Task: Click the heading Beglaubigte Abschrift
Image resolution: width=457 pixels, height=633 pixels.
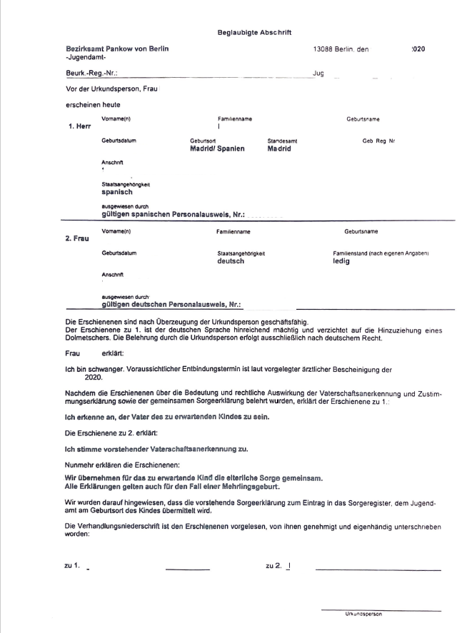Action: coord(254,32)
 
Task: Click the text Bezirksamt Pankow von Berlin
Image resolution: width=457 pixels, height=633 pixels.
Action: coord(121,49)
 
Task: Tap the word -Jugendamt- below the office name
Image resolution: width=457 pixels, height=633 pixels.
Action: coord(86,57)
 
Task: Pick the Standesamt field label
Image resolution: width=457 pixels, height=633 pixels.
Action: coord(283,141)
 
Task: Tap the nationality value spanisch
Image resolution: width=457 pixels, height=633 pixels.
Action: coord(117,192)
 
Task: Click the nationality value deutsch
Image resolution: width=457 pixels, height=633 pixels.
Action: coord(231,261)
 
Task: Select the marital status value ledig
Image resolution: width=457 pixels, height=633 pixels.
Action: coord(343,261)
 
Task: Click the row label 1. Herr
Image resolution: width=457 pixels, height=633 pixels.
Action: coord(79,126)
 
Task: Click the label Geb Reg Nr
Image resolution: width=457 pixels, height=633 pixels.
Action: coord(379,141)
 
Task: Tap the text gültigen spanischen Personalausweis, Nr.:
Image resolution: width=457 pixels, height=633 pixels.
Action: coord(174,213)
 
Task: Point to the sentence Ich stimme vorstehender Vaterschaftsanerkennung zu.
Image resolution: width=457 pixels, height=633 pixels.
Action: coord(156,448)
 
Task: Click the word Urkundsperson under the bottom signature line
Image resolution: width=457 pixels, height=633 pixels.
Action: coord(364,613)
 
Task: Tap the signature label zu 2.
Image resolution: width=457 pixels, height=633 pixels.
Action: coord(273,566)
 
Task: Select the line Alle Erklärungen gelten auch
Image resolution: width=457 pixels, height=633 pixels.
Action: coord(171,486)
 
